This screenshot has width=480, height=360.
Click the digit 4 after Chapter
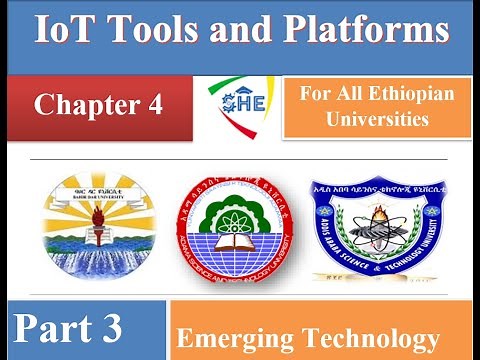coord(155,104)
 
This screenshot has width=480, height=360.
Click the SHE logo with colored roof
coord(240,104)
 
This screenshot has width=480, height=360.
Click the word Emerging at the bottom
coord(234,338)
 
